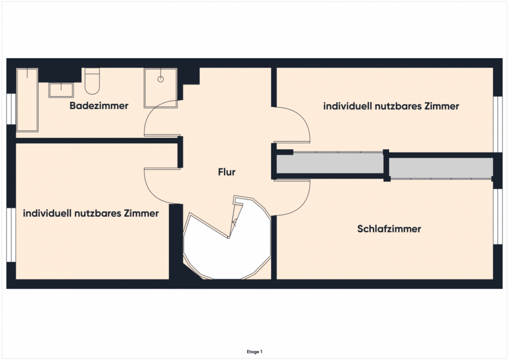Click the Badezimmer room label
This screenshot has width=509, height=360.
tap(99, 106)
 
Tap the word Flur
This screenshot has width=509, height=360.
tap(227, 172)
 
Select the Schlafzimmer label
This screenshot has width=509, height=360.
tap(389, 228)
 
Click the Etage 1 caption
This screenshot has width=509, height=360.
tap(254, 351)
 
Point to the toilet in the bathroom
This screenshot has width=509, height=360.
tap(92, 82)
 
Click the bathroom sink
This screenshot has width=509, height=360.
tap(61, 90)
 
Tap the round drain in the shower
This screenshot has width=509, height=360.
tap(161, 79)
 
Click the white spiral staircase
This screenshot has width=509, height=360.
tap(227, 243)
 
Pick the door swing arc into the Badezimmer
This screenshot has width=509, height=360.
tap(160, 119)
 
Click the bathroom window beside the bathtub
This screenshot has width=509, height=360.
tap(11, 109)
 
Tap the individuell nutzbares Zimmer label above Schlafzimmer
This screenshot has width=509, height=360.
tap(391, 106)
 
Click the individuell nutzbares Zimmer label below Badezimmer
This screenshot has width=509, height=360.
tap(91, 212)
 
